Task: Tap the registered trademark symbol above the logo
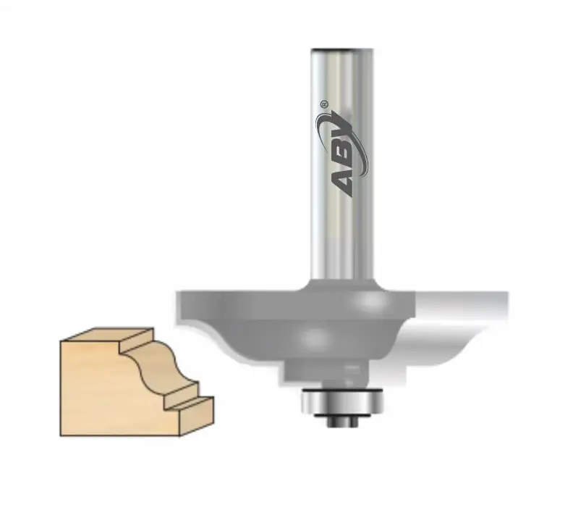coord(323,104)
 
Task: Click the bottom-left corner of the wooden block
coord(61,435)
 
